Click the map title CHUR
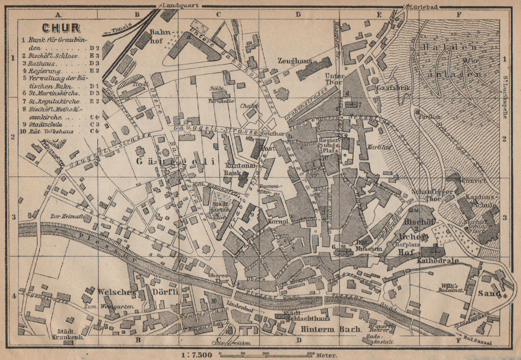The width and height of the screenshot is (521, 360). pyautogui.click(x=61, y=28)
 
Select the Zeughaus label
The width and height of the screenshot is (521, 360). pyautogui.click(x=295, y=61)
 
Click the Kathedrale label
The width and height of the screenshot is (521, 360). pyautogui.click(x=438, y=261)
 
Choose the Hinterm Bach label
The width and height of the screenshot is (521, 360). pyautogui.click(x=330, y=329)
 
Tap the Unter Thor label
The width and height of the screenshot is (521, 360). pyautogui.click(x=334, y=79)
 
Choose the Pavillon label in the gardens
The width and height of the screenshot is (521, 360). pyautogui.click(x=429, y=117)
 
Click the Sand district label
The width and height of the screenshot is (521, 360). pyautogui.click(x=489, y=293)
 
